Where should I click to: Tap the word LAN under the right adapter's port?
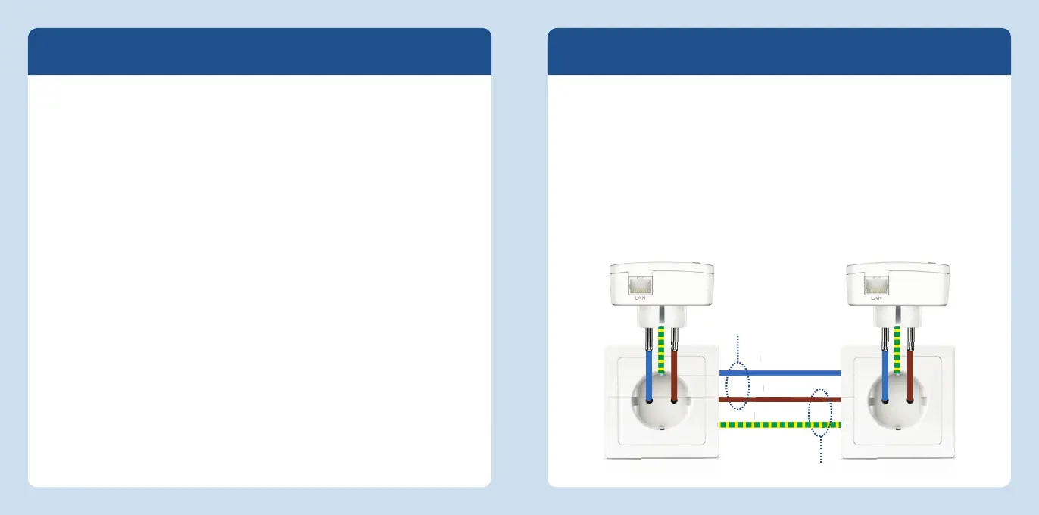tap(876, 298)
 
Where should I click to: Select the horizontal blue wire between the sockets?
tap(780, 373)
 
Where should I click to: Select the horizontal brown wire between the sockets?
tap(780, 398)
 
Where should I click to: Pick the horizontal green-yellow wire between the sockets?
tap(780, 425)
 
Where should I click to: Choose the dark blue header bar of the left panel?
tap(260, 51)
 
